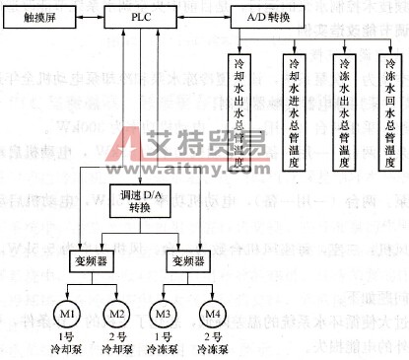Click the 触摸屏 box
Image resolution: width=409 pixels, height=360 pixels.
coord(41,18)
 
